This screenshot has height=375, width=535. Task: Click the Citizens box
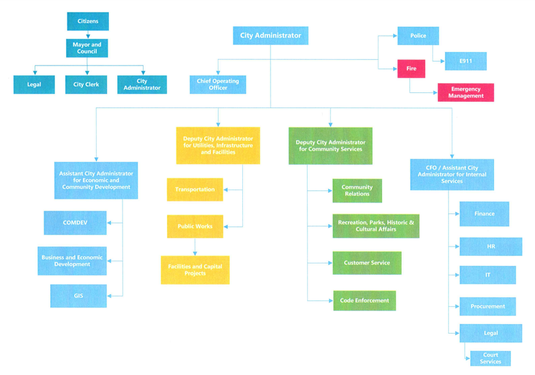[88, 21]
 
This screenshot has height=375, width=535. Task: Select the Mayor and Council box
[87, 48]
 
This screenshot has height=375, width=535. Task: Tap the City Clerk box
[86, 84]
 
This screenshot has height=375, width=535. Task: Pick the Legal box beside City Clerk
[34, 84]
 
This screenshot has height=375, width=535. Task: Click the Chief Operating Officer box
[218, 84]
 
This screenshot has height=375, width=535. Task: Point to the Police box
[418, 36]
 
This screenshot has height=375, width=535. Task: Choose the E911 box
[465, 61]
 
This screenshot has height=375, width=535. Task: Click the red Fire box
[411, 69]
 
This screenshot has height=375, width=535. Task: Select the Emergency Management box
[466, 92]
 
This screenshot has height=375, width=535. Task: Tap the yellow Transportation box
[195, 189]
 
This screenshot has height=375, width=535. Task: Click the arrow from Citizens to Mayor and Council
[88, 35]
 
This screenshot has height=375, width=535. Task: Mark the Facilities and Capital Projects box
[195, 270]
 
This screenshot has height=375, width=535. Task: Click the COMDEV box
[75, 222]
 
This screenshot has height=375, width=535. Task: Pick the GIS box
[78, 296]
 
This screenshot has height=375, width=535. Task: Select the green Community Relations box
[357, 190]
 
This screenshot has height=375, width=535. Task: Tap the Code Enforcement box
[364, 301]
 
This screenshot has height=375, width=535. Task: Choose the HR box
[491, 247]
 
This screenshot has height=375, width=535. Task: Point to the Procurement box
[488, 306]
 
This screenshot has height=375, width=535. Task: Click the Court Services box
[490, 358]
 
